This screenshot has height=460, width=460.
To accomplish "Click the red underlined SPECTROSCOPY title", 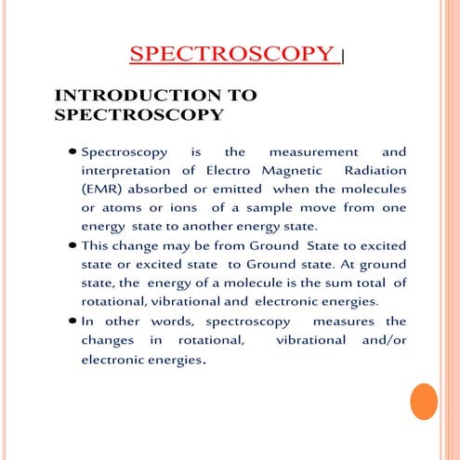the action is click(x=231, y=54).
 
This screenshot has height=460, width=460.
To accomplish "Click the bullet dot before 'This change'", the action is click(x=72, y=247).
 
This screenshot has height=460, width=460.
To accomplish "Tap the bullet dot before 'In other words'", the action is click(x=72, y=322).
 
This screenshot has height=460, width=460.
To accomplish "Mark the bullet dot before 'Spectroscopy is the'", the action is click(x=72, y=151).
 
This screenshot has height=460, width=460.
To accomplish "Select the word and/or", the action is click(x=376, y=340).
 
